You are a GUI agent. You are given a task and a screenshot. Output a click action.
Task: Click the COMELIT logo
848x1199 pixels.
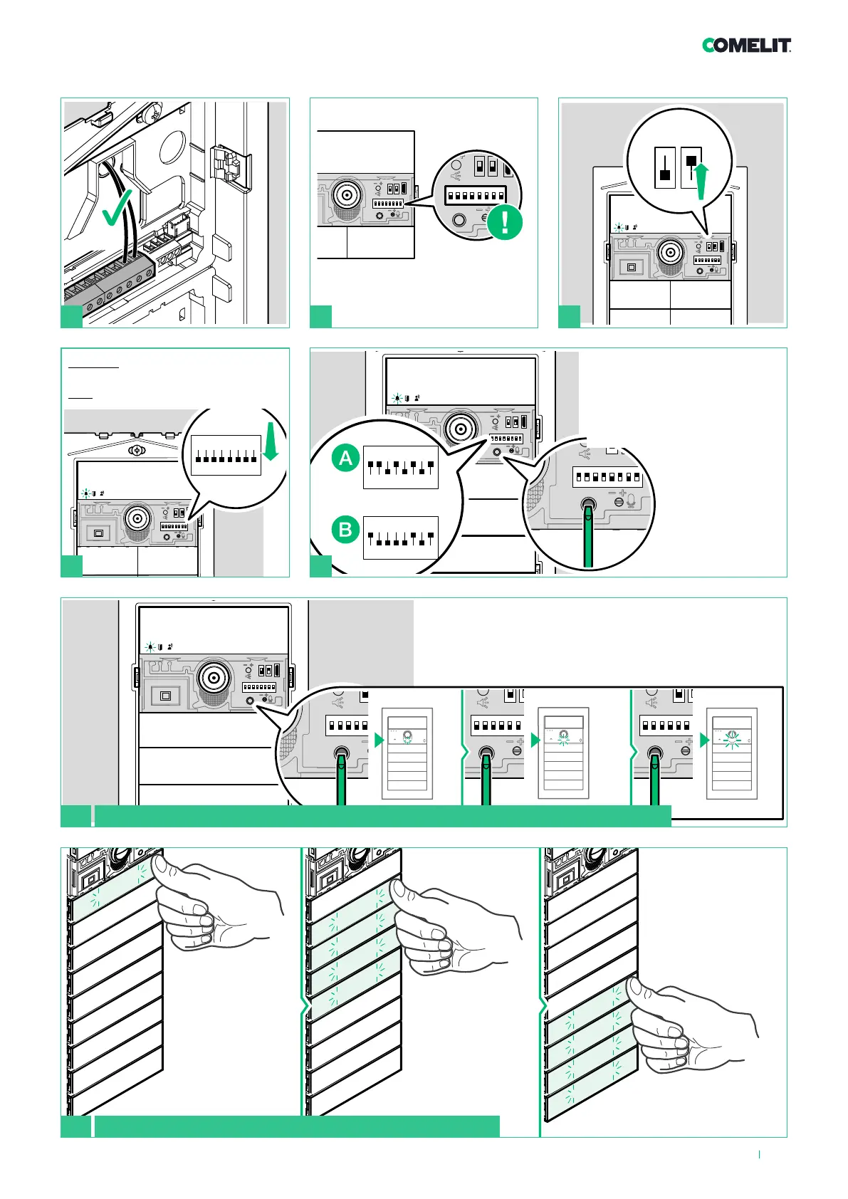[x=746, y=46]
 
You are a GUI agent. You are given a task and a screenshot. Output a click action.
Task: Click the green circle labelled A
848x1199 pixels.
[x=346, y=458]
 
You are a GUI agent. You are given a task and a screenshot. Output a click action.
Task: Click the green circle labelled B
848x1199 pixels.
[x=346, y=529]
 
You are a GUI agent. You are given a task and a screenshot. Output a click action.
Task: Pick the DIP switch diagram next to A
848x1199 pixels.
[x=400, y=468]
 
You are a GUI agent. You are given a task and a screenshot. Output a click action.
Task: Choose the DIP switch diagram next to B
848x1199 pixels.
[x=400, y=538]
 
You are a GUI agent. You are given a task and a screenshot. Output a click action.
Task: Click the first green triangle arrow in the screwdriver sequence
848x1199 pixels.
[x=379, y=740]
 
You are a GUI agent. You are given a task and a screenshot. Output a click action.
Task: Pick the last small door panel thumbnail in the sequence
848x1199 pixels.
[x=732, y=749]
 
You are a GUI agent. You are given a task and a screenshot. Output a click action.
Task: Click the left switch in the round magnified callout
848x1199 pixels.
[x=665, y=168]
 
